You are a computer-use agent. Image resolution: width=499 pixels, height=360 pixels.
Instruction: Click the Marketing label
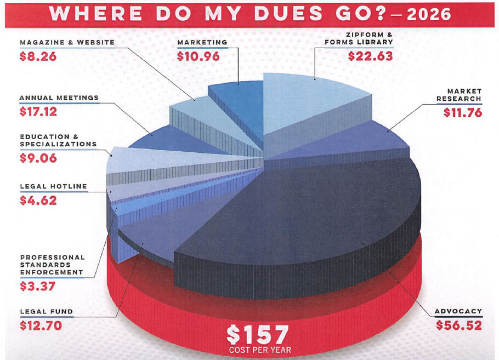pyautogui.click(x=202, y=42)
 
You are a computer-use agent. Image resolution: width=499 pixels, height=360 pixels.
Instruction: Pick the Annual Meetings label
pyautogui.click(x=59, y=98)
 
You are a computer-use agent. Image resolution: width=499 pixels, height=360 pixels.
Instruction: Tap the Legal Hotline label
pyautogui.click(x=53, y=186)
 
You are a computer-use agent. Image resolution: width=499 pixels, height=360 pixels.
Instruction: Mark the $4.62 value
pyautogui.click(x=38, y=200)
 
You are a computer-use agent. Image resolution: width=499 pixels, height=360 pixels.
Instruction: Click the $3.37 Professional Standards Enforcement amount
pyautogui.click(x=38, y=285)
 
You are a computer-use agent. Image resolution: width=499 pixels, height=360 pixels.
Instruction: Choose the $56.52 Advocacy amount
pyautogui.click(x=459, y=325)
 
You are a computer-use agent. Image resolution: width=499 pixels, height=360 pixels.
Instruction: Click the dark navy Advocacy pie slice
pyautogui.click(x=307, y=219)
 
